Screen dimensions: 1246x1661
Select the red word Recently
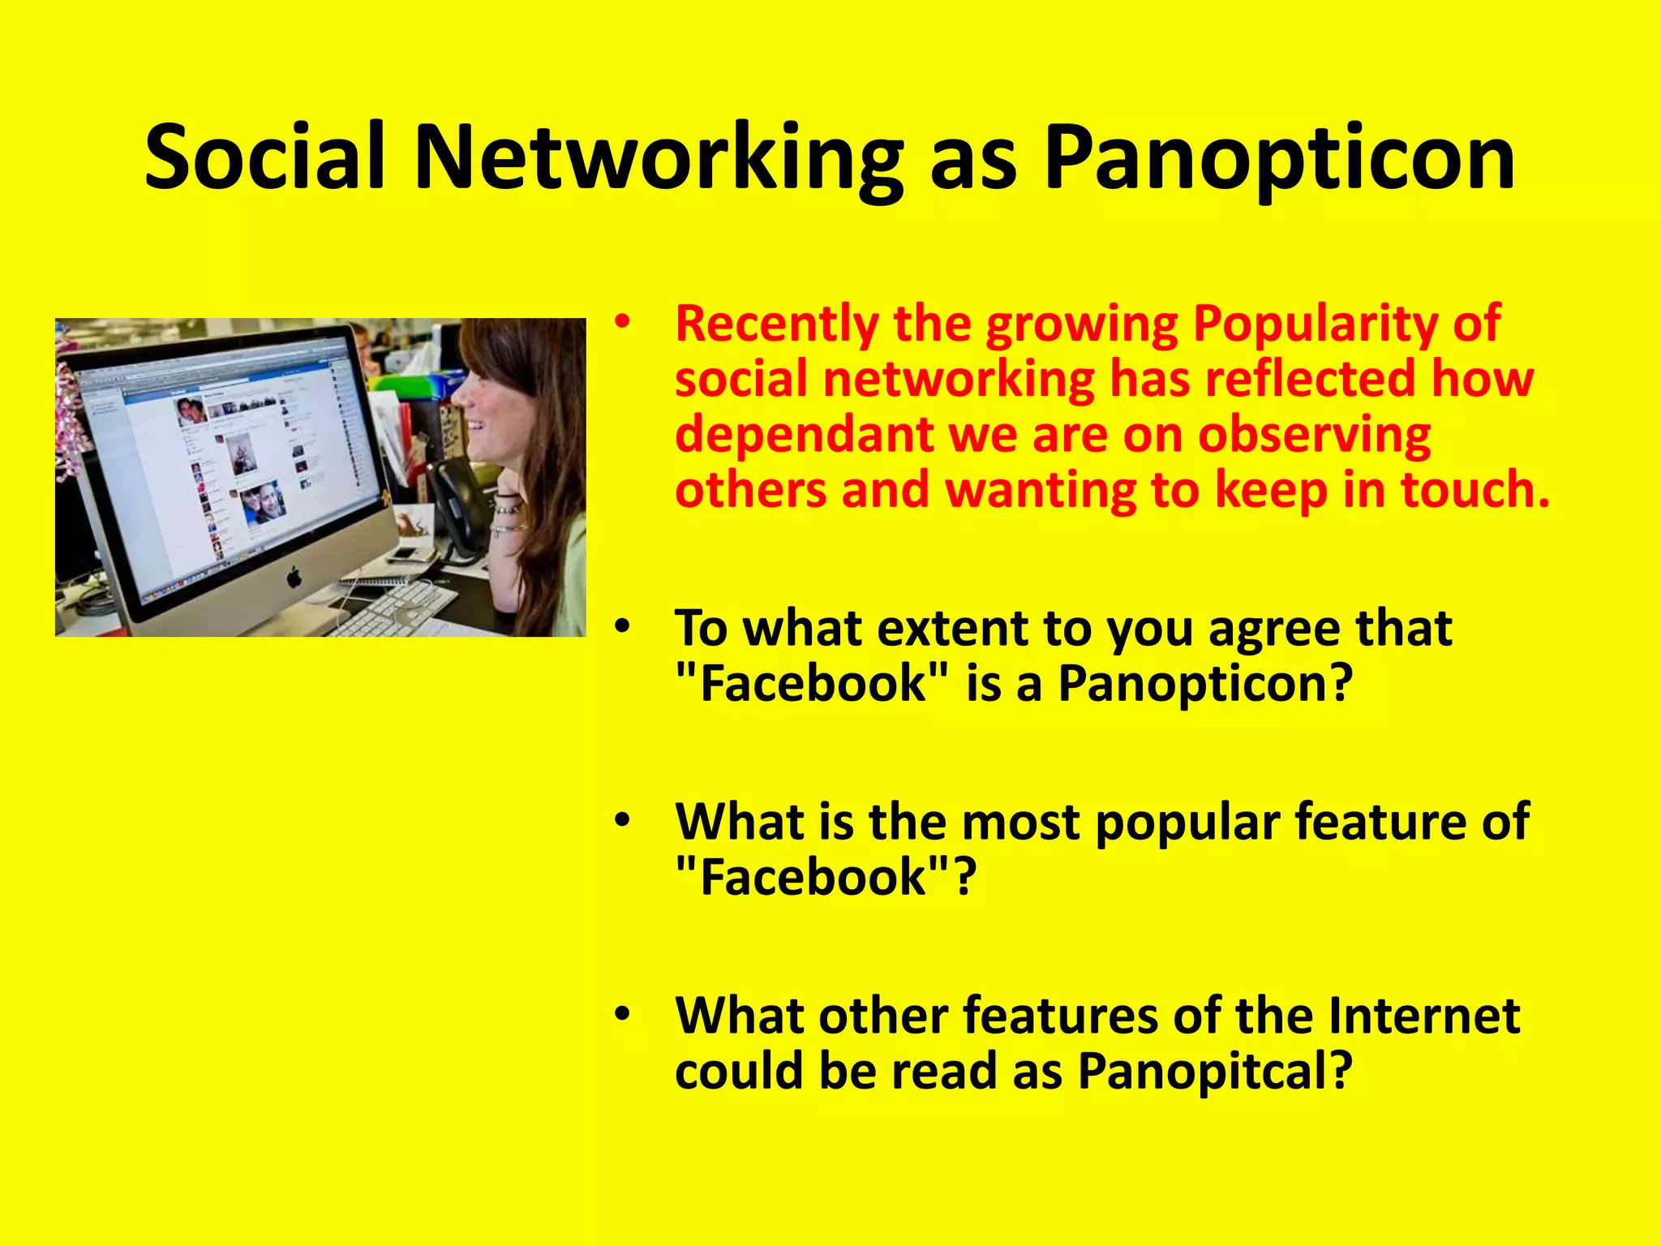point(776,324)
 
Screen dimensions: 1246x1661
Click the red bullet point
point(622,323)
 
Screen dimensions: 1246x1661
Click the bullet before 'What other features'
point(622,1014)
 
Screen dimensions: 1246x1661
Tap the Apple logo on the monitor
point(294,578)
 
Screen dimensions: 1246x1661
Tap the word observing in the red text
point(1314,436)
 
